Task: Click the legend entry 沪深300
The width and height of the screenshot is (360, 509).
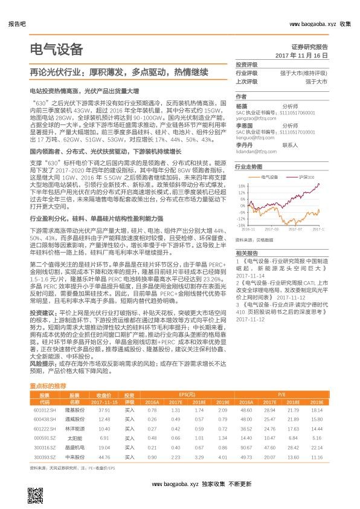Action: pyautogui.click(x=307, y=177)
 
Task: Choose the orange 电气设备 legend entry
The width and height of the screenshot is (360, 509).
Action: pyautogui.click(x=271, y=177)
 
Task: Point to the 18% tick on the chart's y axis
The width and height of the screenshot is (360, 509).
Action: pyautogui.click(x=240, y=186)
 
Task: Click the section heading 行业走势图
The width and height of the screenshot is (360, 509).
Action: pyautogui.click(x=248, y=165)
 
